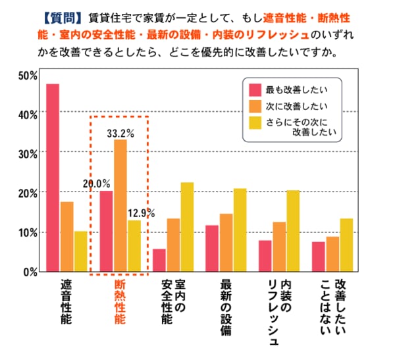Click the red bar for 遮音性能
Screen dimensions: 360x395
[x=53, y=178]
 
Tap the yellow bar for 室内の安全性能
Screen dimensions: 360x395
[x=187, y=227]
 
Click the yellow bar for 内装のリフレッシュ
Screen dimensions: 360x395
[x=293, y=231]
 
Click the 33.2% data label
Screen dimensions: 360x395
[x=120, y=133]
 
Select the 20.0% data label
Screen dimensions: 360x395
[x=96, y=184]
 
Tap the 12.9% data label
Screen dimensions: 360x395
[x=141, y=213]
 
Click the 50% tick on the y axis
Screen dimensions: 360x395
[x=28, y=75]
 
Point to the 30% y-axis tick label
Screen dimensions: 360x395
[x=28, y=153]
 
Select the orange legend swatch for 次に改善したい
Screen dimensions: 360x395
[x=255, y=105]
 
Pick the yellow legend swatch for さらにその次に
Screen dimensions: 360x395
[x=255, y=121]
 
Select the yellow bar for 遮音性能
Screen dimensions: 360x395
[x=80, y=251]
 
